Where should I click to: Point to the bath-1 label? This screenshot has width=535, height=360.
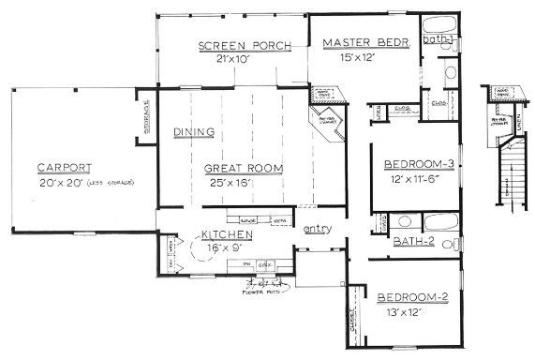point(438,39)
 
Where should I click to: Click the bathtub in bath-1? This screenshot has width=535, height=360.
point(440,23)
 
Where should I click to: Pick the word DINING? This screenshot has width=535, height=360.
point(193,132)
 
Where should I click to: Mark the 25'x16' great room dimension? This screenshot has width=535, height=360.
point(230,183)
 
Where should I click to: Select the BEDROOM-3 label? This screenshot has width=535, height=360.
point(420,164)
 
